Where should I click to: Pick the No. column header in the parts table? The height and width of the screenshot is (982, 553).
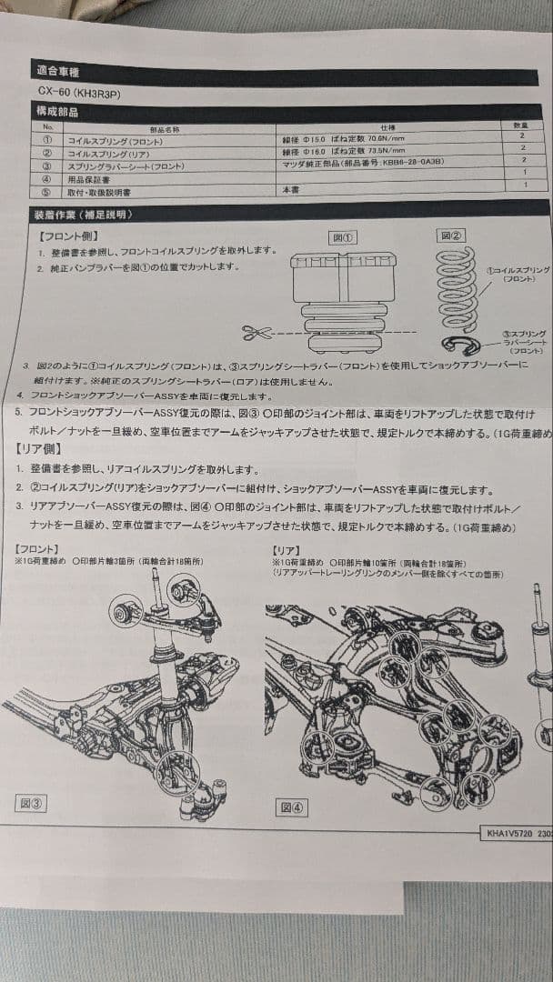[48, 127]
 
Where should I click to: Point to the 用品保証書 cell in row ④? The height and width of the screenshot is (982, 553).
[91, 180]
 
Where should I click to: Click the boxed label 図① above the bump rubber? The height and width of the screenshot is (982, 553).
[343, 237]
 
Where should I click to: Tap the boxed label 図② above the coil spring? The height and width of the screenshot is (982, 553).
[451, 235]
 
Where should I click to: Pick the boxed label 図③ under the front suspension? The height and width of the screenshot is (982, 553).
[33, 803]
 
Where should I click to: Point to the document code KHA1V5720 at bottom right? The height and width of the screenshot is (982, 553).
[508, 833]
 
